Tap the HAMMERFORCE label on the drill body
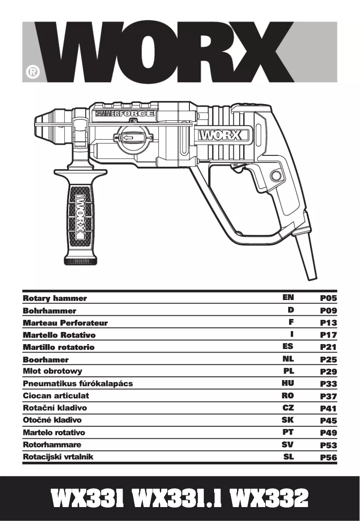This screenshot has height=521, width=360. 124,114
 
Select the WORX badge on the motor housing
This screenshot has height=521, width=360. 220,135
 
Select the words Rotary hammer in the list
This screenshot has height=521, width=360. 55,298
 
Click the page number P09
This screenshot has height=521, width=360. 328,310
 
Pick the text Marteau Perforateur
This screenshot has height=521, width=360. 65,323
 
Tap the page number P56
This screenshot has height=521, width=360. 328,458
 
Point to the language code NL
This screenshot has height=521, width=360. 288,359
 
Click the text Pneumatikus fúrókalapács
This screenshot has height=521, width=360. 78,384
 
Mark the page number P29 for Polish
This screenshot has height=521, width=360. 328,371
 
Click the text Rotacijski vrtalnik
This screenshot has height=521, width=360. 58,457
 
